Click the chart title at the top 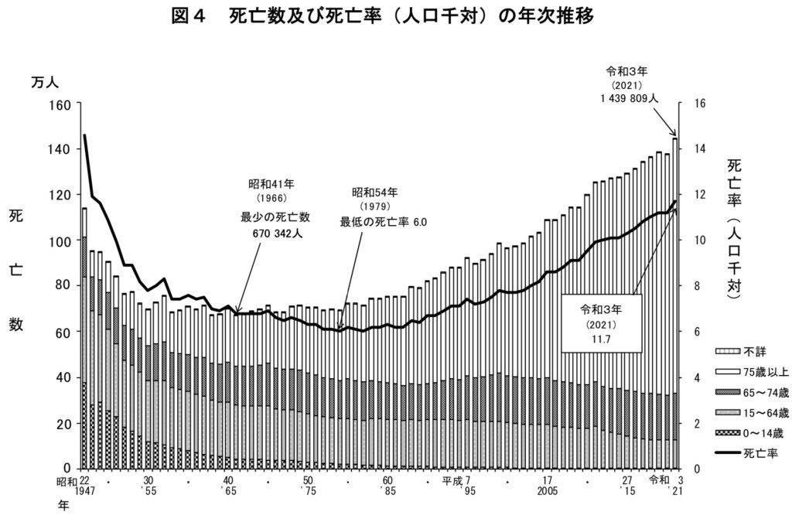pyautogui.click(x=395, y=16)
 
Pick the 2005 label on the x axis pyautogui.click(x=548, y=491)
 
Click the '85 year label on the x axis pyautogui.click(x=387, y=491)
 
